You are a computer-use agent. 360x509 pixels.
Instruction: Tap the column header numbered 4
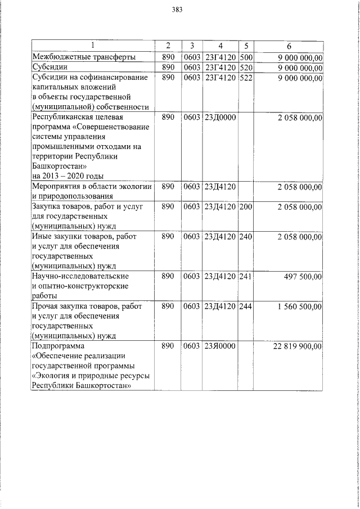pos(220,46)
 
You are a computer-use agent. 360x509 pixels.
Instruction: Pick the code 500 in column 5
pos(246,57)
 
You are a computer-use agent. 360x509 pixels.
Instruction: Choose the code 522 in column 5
pos(246,78)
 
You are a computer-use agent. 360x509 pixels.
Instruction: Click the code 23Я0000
pos(220,347)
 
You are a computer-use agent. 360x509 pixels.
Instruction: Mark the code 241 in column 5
pos(246,276)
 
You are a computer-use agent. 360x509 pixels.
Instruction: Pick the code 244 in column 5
pos(246,307)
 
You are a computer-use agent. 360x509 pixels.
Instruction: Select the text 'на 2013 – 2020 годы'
pos(68,177)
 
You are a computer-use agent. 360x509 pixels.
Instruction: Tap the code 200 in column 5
pos(246,208)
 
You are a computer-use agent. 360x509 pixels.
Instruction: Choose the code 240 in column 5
pos(246,237)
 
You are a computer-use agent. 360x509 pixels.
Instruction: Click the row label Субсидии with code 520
pos(49,67)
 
